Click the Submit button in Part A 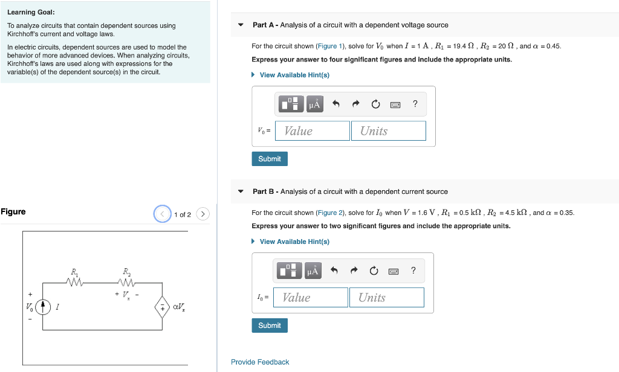[269, 159]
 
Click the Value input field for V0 [312, 131]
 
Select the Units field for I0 [387, 298]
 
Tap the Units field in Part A [388, 131]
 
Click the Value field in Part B [311, 298]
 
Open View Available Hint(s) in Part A [294, 75]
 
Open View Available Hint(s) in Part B [294, 242]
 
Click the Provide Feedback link [260, 362]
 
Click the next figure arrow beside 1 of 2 [203, 214]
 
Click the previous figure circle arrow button [163, 214]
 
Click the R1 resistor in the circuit [75, 282]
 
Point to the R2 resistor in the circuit [126, 282]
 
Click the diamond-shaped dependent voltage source [163, 308]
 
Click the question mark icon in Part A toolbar [415, 104]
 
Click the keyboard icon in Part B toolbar [394, 271]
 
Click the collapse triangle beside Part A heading [241, 25]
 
